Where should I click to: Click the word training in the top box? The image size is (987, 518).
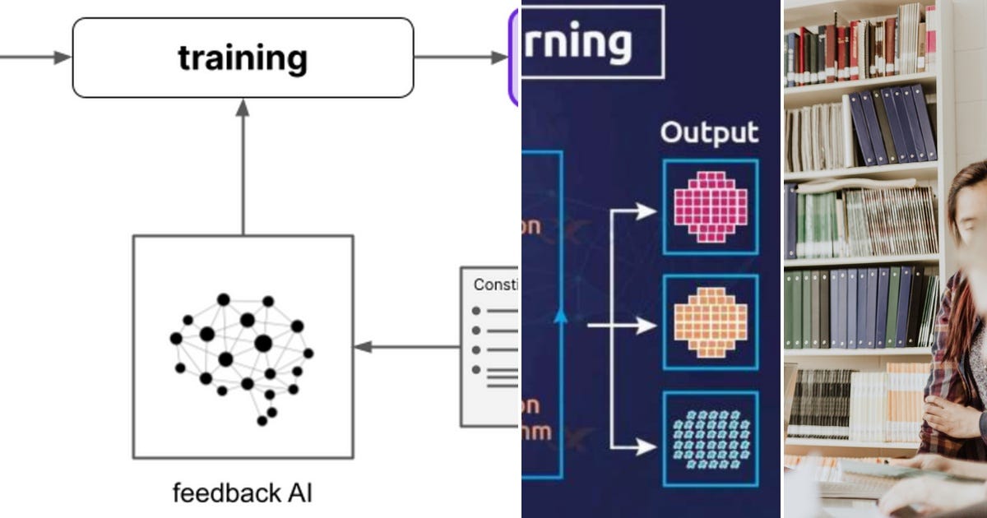[243, 58]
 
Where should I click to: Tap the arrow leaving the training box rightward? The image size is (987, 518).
[461, 58]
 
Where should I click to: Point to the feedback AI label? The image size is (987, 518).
[243, 493]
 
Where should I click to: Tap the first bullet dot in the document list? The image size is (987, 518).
[476, 312]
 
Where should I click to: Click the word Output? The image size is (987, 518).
[710, 133]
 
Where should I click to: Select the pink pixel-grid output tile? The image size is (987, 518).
[710, 207]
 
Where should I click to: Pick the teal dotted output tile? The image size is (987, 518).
[710, 439]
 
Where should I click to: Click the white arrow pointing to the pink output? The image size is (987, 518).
[633, 212]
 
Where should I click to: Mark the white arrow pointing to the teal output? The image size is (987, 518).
[633, 447]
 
